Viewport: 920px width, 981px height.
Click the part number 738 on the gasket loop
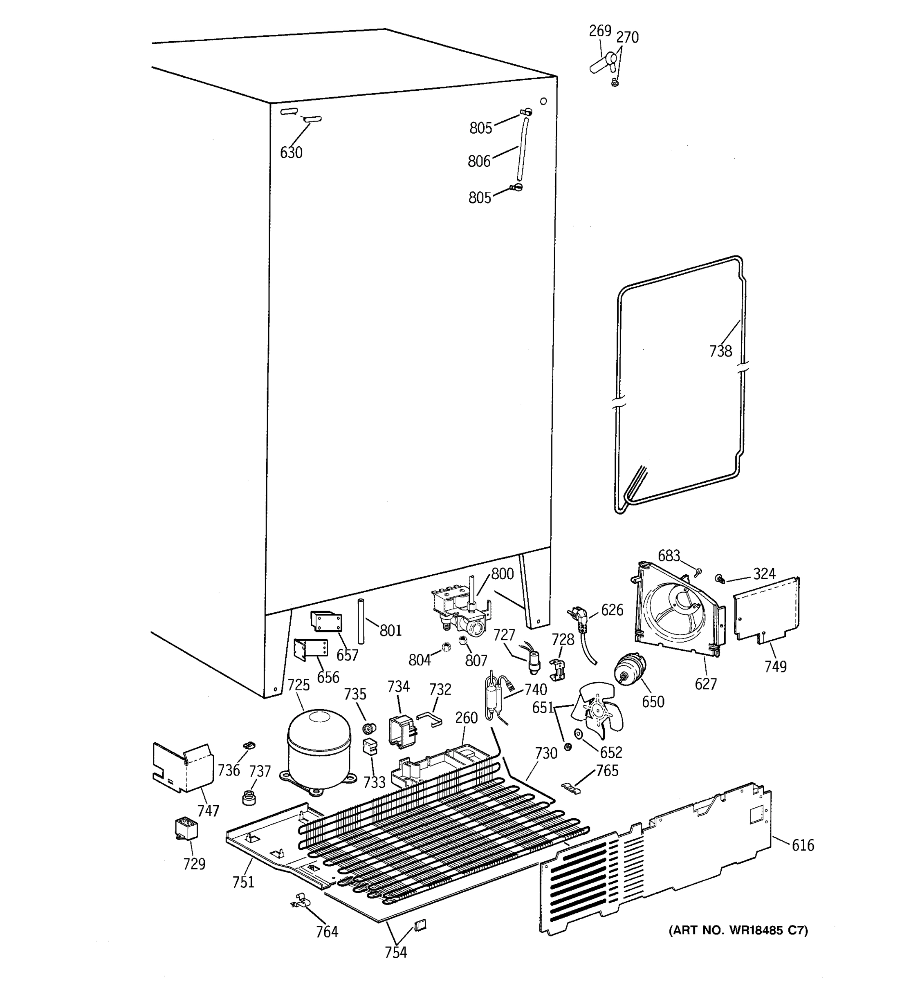(720, 352)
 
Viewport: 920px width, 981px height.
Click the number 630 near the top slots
(291, 153)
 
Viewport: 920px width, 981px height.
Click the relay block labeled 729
(186, 829)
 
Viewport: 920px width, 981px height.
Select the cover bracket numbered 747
(183, 767)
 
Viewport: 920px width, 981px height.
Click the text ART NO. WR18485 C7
(738, 931)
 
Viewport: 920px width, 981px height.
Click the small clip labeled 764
(301, 901)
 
